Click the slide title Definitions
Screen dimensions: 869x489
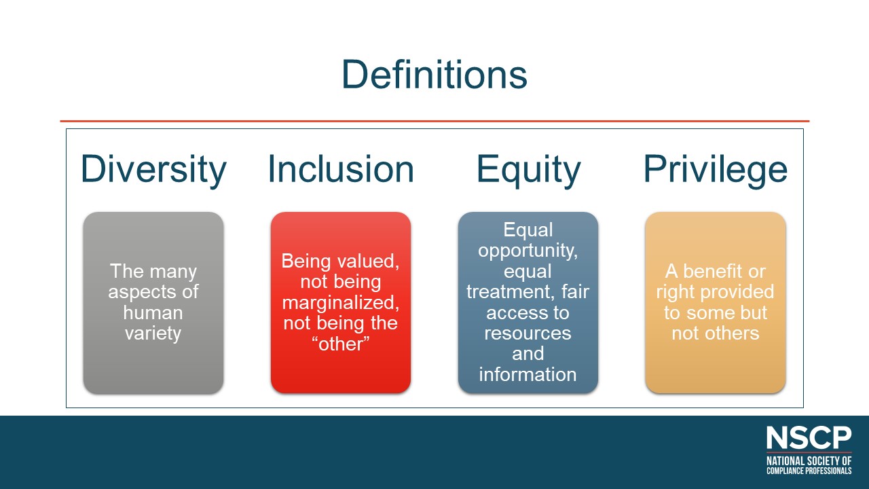tap(434, 74)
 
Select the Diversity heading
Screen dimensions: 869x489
tap(153, 170)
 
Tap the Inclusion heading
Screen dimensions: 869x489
tap(341, 169)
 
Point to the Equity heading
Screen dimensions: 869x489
tap(528, 170)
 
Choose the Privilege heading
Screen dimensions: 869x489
tap(716, 170)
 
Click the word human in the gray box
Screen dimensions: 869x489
tap(153, 312)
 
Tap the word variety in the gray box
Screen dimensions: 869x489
tap(153, 333)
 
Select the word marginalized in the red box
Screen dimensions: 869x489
tap(341, 303)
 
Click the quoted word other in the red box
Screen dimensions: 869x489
tap(341, 344)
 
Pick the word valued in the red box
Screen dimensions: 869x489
tap(369, 261)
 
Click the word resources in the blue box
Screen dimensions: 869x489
tap(528, 333)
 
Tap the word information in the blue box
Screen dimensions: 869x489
tap(528, 374)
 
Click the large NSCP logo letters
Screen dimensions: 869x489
tap(809, 438)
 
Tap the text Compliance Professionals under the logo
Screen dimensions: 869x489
tap(809, 471)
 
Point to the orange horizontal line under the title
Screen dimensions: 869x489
tap(434, 121)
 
